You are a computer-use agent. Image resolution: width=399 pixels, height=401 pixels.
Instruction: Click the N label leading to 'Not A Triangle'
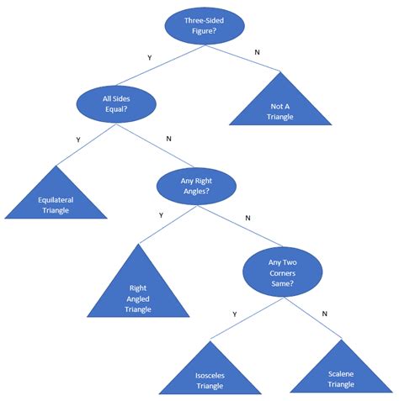click(x=258, y=54)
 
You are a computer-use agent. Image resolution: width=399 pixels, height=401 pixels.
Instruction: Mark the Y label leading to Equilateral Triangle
click(x=78, y=140)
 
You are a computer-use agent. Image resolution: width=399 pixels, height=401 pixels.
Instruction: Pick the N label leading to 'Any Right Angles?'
click(x=168, y=139)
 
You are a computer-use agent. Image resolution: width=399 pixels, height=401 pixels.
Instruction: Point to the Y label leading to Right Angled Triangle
click(x=162, y=216)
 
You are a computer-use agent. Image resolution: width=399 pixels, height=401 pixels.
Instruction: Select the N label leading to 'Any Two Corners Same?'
click(x=247, y=218)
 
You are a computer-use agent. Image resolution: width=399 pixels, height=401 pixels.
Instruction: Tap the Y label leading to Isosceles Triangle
click(x=234, y=314)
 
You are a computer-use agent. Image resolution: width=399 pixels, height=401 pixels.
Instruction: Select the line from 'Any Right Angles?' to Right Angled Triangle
click(x=168, y=225)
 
